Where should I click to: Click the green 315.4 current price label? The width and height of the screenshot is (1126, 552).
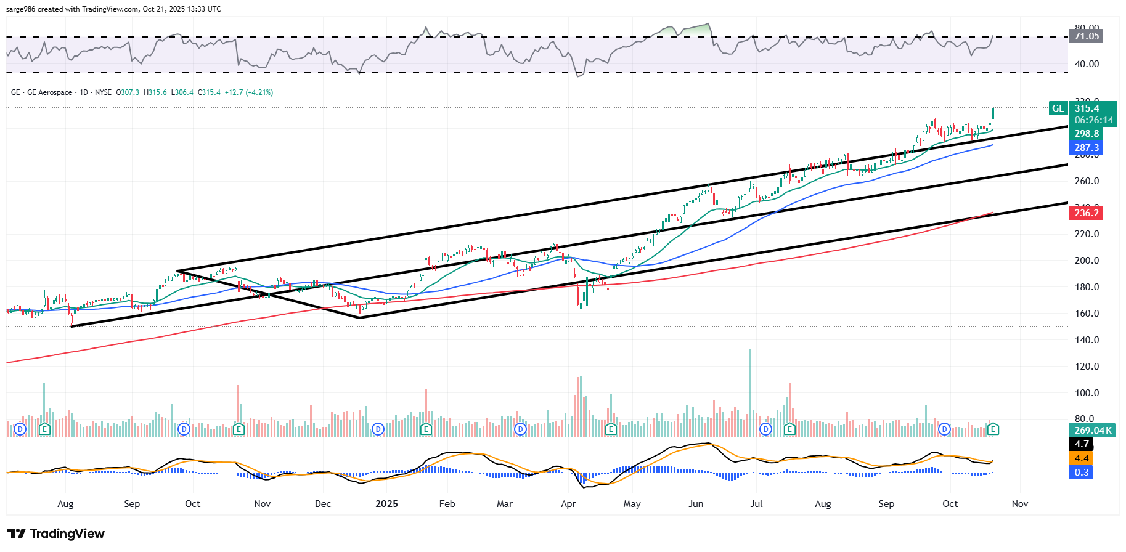click(x=1087, y=108)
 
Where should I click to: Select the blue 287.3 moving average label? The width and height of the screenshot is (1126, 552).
click(x=1087, y=148)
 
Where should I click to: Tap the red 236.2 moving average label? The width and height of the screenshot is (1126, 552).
click(x=1087, y=213)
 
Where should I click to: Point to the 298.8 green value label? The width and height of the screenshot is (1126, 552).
click(x=1087, y=134)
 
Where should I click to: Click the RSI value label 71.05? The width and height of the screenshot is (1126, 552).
click(x=1087, y=36)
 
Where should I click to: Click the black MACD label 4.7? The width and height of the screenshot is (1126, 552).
click(x=1081, y=444)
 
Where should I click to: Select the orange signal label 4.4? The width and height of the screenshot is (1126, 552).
click(x=1081, y=458)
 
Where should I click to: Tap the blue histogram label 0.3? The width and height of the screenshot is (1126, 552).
click(x=1081, y=473)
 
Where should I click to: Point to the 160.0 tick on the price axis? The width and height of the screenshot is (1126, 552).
click(x=1087, y=314)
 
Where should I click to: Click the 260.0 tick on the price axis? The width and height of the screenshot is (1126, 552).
click(x=1087, y=181)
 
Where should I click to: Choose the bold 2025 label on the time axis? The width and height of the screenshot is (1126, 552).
click(x=386, y=504)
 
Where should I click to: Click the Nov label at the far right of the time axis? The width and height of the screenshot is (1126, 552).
click(x=1019, y=504)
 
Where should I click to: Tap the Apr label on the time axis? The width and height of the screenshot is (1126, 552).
click(x=568, y=504)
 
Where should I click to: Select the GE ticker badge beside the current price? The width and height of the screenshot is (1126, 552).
click(x=1058, y=108)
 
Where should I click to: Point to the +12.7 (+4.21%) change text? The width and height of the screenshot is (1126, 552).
click(x=249, y=92)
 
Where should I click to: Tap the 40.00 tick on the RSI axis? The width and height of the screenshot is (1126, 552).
click(x=1087, y=64)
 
